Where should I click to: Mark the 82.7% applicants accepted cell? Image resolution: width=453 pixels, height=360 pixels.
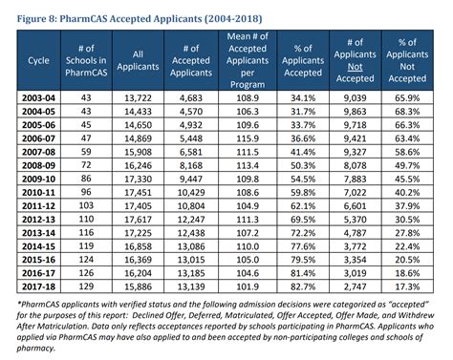[305, 286]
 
